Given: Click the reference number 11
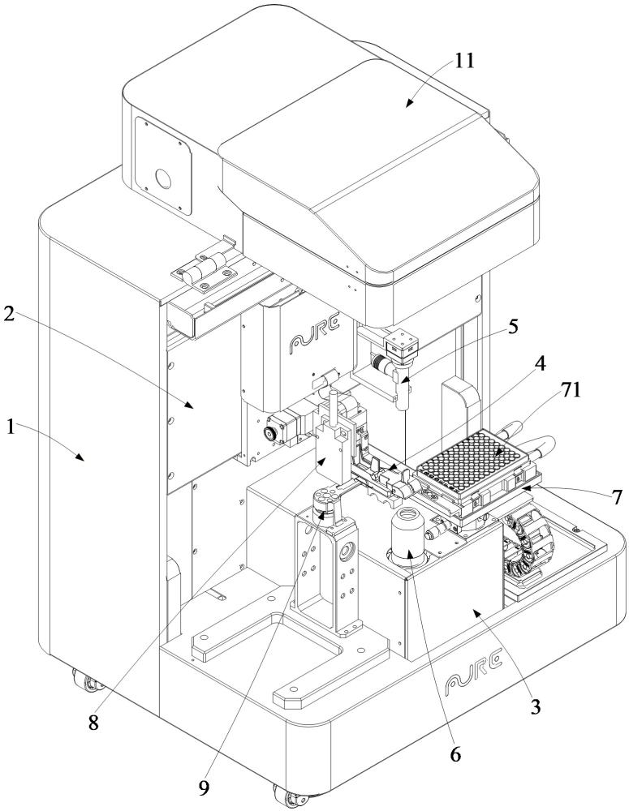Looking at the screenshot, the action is pyautogui.click(x=464, y=61).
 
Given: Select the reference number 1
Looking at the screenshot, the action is pyautogui.click(x=11, y=427).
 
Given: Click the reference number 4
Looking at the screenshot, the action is pyautogui.click(x=540, y=364).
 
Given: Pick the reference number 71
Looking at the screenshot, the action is pyautogui.click(x=570, y=390).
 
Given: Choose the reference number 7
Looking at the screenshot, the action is pyautogui.click(x=616, y=497).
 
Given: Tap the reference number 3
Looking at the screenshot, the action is pyautogui.click(x=535, y=706).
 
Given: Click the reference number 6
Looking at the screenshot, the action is pyautogui.click(x=455, y=754).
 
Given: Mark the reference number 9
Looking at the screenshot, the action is pyautogui.click(x=204, y=787).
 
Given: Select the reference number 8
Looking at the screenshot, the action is pyautogui.click(x=93, y=722).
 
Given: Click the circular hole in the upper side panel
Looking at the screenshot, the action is pyautogui.click(x=162, y=179).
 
